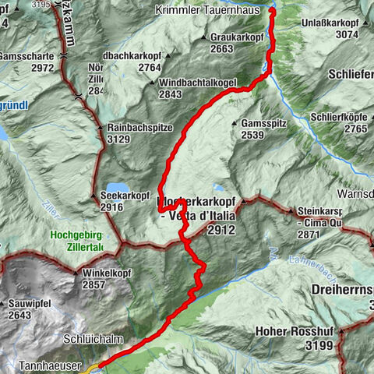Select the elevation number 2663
(222, 48)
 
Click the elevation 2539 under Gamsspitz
(256, 136)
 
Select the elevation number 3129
(114, 139)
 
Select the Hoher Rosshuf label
(292, 330)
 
